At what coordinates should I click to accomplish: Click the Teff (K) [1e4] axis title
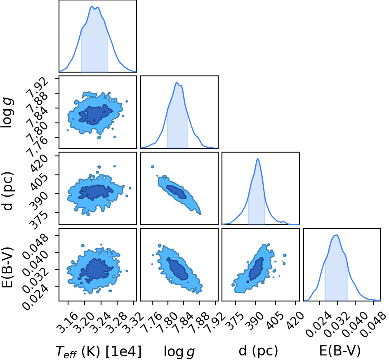pos(99,352)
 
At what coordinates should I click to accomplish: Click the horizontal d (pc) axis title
pos(258,351)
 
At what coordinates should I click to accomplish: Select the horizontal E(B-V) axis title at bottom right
pos(339,351)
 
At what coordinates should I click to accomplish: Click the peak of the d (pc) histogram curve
pos(258,159)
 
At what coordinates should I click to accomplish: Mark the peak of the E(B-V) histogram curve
pos(337,235)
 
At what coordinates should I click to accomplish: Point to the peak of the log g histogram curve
pos(177,82)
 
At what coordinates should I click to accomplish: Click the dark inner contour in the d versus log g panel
pos(177,192)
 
